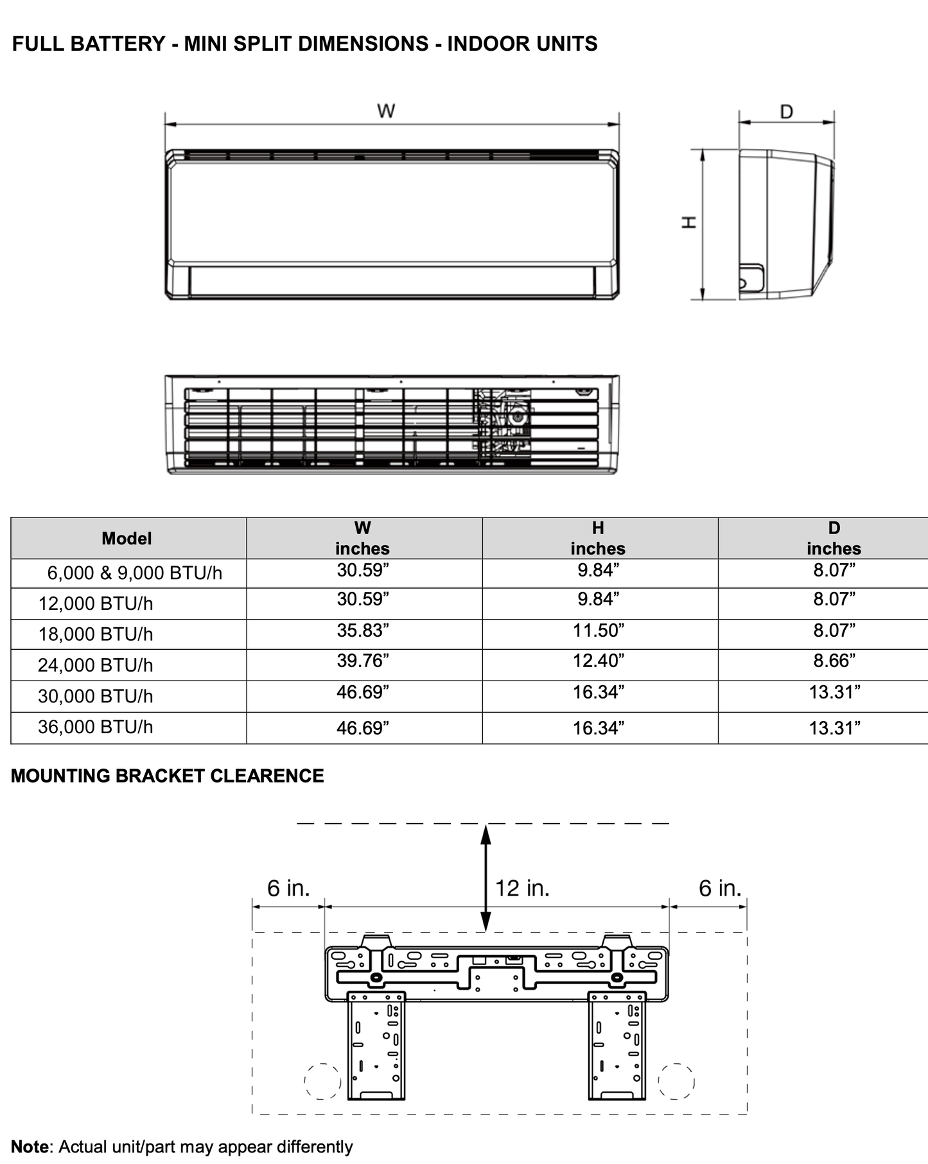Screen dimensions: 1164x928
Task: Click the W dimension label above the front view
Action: tap(386, 111)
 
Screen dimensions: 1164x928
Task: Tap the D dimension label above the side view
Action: tap(786, 112)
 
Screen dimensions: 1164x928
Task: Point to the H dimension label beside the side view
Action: tap(689, 223)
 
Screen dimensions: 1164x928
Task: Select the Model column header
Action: tap(127, 538)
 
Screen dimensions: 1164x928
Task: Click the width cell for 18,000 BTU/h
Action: tap(363, 630)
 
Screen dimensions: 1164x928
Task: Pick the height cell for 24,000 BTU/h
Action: tap(598, 661)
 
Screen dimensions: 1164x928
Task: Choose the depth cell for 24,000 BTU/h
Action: tap(834, 661)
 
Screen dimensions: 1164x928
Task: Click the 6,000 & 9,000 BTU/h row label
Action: tap(134, 573)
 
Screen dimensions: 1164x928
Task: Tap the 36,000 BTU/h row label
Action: tap(95, 727)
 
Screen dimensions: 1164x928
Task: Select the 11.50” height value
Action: tap(598, 630)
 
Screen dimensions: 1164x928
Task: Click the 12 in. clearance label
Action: tap(522, 888)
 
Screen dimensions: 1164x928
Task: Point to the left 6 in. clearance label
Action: tap(288, 888)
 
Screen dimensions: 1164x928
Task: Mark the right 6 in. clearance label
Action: tap(720, 888)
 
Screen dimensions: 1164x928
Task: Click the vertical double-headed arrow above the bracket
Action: tap(486, 877)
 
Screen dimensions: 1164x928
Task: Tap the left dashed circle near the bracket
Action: tap(322, 1081)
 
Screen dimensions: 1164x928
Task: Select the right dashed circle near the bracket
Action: tap(676, 1081)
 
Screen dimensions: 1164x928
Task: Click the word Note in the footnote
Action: tap(30, 1147)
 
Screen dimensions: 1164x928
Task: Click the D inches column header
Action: tap(834, 538)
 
